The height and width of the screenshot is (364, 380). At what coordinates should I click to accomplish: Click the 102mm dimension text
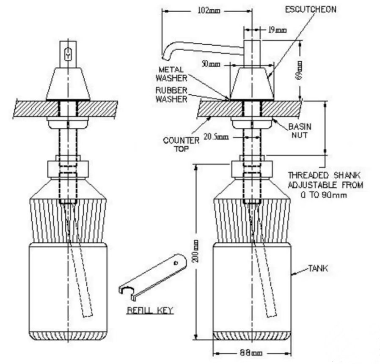point(209,11)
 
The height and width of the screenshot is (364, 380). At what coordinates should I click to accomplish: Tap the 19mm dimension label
point(277,30)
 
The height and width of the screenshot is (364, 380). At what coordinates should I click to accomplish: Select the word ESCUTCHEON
point(311,9)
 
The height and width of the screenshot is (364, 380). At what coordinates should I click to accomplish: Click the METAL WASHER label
point(171,74)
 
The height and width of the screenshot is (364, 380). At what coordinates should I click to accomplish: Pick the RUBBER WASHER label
point(171,94)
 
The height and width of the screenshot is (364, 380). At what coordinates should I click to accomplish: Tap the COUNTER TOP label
point(181,144)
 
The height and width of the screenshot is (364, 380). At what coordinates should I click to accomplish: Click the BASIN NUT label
point(300,131)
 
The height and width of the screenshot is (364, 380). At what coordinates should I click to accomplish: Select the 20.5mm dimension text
point(216,137)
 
